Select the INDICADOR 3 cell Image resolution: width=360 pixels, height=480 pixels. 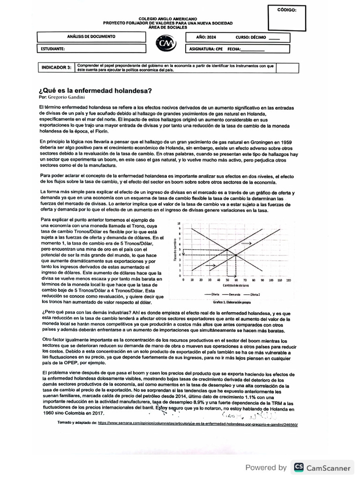tap(56, 67)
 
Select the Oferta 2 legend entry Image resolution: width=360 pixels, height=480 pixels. tap(254, 294)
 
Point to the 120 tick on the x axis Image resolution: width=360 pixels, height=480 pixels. tap(288, 279)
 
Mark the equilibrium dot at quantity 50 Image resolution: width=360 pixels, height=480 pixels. tap(227, 250)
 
